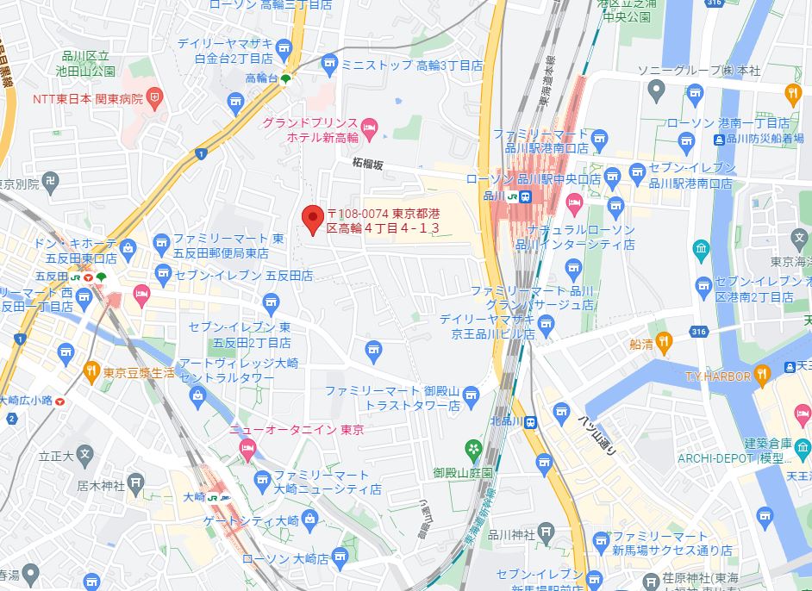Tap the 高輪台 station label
click(x=262, y=78)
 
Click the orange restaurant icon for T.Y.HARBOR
click(x=762, y=373)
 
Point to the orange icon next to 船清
click(x=663, y=342)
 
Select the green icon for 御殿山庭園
click(x=473, y=449)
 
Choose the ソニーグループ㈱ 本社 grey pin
click(x=655, y=89)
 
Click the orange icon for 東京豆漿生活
click(x=91, y=371)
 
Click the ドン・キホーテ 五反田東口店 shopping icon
click(x=128, y=250)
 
